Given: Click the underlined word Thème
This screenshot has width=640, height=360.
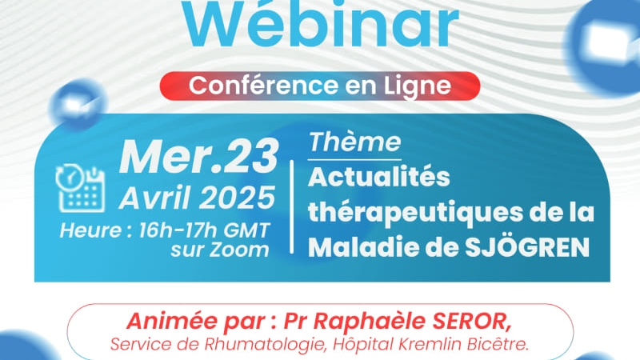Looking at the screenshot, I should pos(354,143).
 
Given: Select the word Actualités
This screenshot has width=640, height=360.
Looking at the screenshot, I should pos(379,177).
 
